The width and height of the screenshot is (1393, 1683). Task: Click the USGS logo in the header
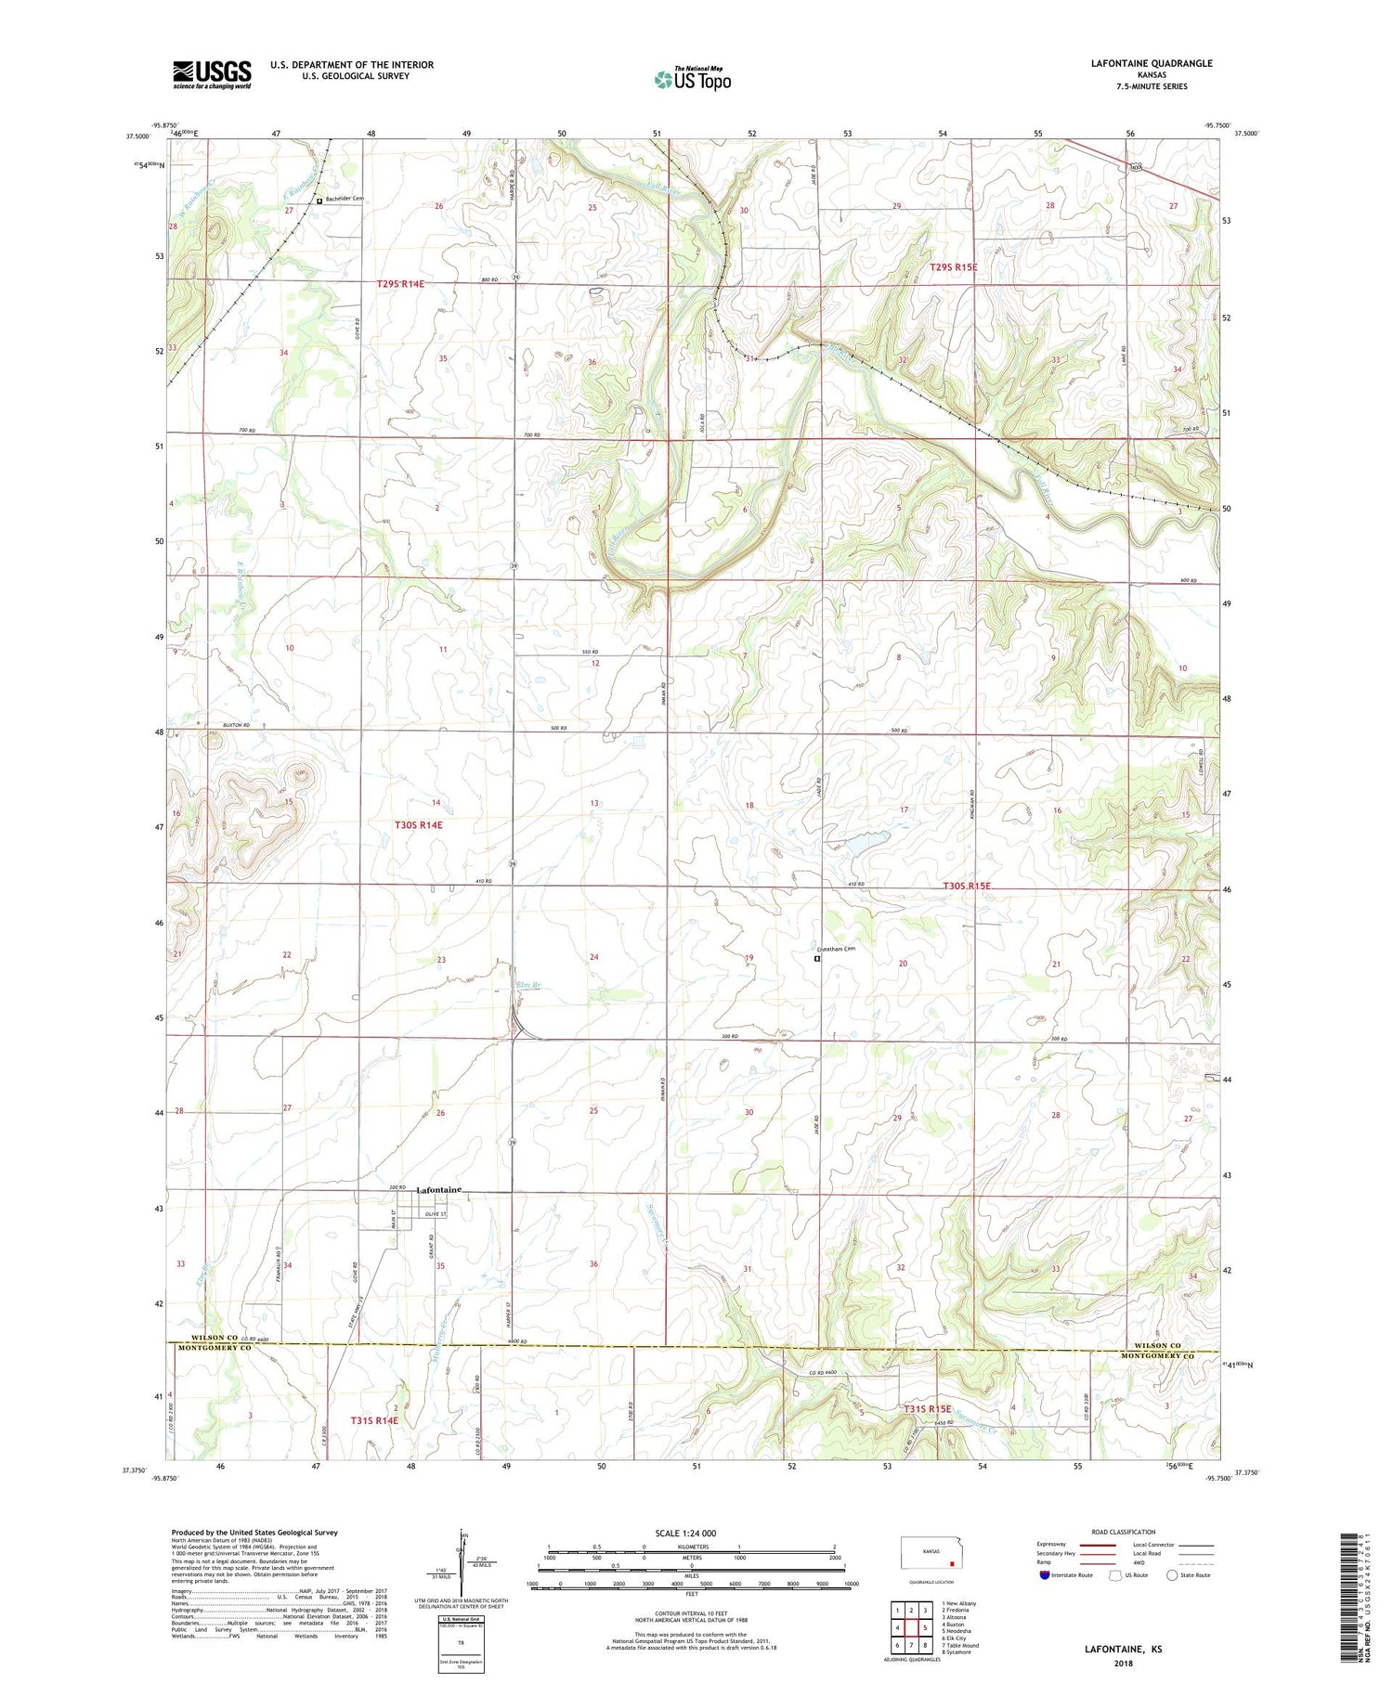212,74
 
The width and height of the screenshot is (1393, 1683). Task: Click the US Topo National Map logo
692,79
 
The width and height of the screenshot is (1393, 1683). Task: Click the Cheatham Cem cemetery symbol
817,959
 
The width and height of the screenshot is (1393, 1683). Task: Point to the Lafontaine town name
439,1189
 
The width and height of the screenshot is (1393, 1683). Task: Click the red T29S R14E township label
400,283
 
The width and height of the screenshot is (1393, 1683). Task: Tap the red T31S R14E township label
374,1420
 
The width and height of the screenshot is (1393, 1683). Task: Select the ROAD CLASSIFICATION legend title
1124,1532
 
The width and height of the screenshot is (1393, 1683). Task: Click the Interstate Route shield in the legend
1045,1574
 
